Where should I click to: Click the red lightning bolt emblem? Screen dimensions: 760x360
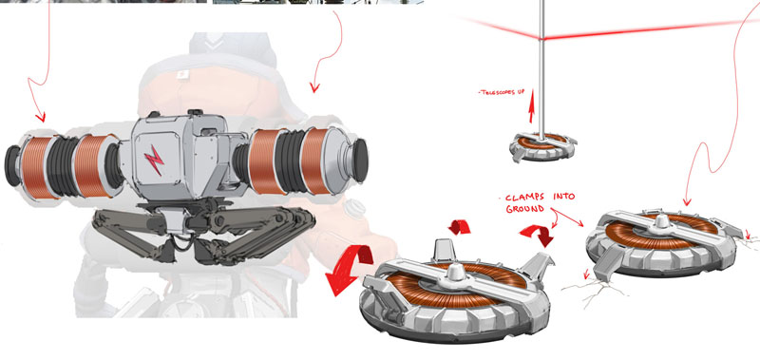(154, 160)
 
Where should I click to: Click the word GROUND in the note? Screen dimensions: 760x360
(525, 209)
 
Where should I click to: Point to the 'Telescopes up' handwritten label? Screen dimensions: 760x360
(502, 92)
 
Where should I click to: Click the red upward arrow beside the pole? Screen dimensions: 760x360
(532, 106)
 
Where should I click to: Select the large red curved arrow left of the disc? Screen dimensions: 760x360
(348, 269)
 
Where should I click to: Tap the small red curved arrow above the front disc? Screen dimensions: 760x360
(459, 227)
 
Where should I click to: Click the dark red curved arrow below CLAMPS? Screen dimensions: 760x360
(538, 235)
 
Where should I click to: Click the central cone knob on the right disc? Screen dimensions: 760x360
(661, 223)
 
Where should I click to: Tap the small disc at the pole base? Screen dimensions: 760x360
(542, 147)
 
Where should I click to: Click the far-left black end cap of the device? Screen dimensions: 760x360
(11, 165)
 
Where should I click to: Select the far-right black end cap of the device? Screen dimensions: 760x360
(359, 160)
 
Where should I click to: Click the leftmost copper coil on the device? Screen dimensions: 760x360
(36, 167)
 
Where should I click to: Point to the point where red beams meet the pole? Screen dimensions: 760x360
(541, 38)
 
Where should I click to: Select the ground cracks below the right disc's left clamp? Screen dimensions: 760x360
(596, 291)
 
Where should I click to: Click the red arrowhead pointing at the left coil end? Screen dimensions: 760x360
(41, 117)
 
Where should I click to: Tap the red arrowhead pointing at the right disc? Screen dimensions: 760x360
(687, 201)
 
